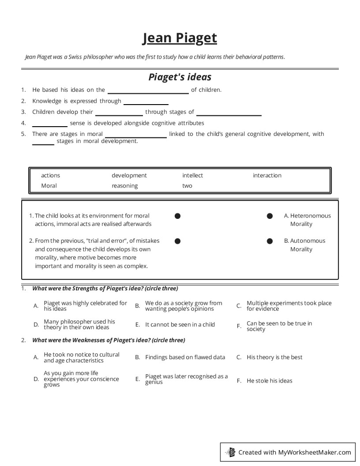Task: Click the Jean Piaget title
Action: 180,38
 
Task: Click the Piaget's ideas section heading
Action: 180,77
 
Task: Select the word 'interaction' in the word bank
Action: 267,176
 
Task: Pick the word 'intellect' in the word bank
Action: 192,176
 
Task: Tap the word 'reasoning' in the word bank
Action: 124,186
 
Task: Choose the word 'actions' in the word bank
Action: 50,176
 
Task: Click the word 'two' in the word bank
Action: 187,186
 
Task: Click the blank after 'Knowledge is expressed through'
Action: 146,102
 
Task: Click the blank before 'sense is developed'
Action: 49,124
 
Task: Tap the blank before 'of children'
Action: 148,91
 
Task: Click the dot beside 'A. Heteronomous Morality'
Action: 270,216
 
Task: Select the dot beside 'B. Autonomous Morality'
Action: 270,241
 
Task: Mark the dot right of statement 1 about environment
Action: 177,216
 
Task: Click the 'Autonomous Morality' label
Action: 307,245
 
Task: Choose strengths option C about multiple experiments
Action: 289,306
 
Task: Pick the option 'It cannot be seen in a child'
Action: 180,325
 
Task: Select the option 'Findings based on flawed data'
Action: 185,357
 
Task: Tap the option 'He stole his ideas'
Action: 269,381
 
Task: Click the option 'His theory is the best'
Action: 274,357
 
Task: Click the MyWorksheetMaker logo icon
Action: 230,452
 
